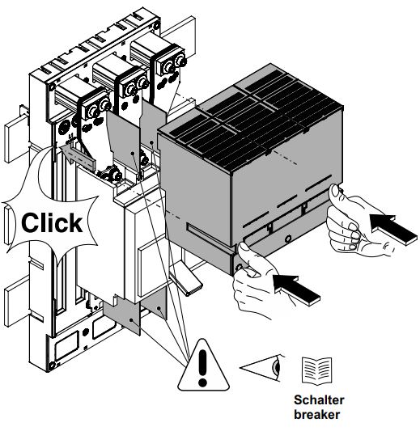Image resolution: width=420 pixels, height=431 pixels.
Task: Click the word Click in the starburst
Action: (x=52, y=222)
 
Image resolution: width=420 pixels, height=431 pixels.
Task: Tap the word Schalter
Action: (x=319, y=400)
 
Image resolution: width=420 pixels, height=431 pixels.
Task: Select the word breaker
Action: (x=316, y=414)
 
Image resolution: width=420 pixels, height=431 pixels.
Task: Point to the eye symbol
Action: (x=263, y=367)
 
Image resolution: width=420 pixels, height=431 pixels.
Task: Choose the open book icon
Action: (x=317, y=371)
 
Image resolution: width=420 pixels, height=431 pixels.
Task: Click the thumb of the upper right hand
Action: (x=337, y=195)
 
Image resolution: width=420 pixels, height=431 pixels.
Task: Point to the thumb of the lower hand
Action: (x=248, y=259)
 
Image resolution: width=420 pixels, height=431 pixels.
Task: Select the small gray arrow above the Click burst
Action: (x=77, y=156)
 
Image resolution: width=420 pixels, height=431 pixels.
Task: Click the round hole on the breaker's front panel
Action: (x=288, y=239)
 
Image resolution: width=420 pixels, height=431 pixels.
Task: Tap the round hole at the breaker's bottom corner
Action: (x=239, y=267)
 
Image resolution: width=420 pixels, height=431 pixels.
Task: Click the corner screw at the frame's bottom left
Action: (x=52, y=365)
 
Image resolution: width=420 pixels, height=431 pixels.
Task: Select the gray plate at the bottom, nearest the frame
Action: (x=122, y=317)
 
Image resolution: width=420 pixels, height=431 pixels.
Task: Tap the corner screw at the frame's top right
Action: (x=156, y=26)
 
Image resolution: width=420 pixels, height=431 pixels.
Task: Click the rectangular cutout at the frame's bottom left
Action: (x=67, y=346)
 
